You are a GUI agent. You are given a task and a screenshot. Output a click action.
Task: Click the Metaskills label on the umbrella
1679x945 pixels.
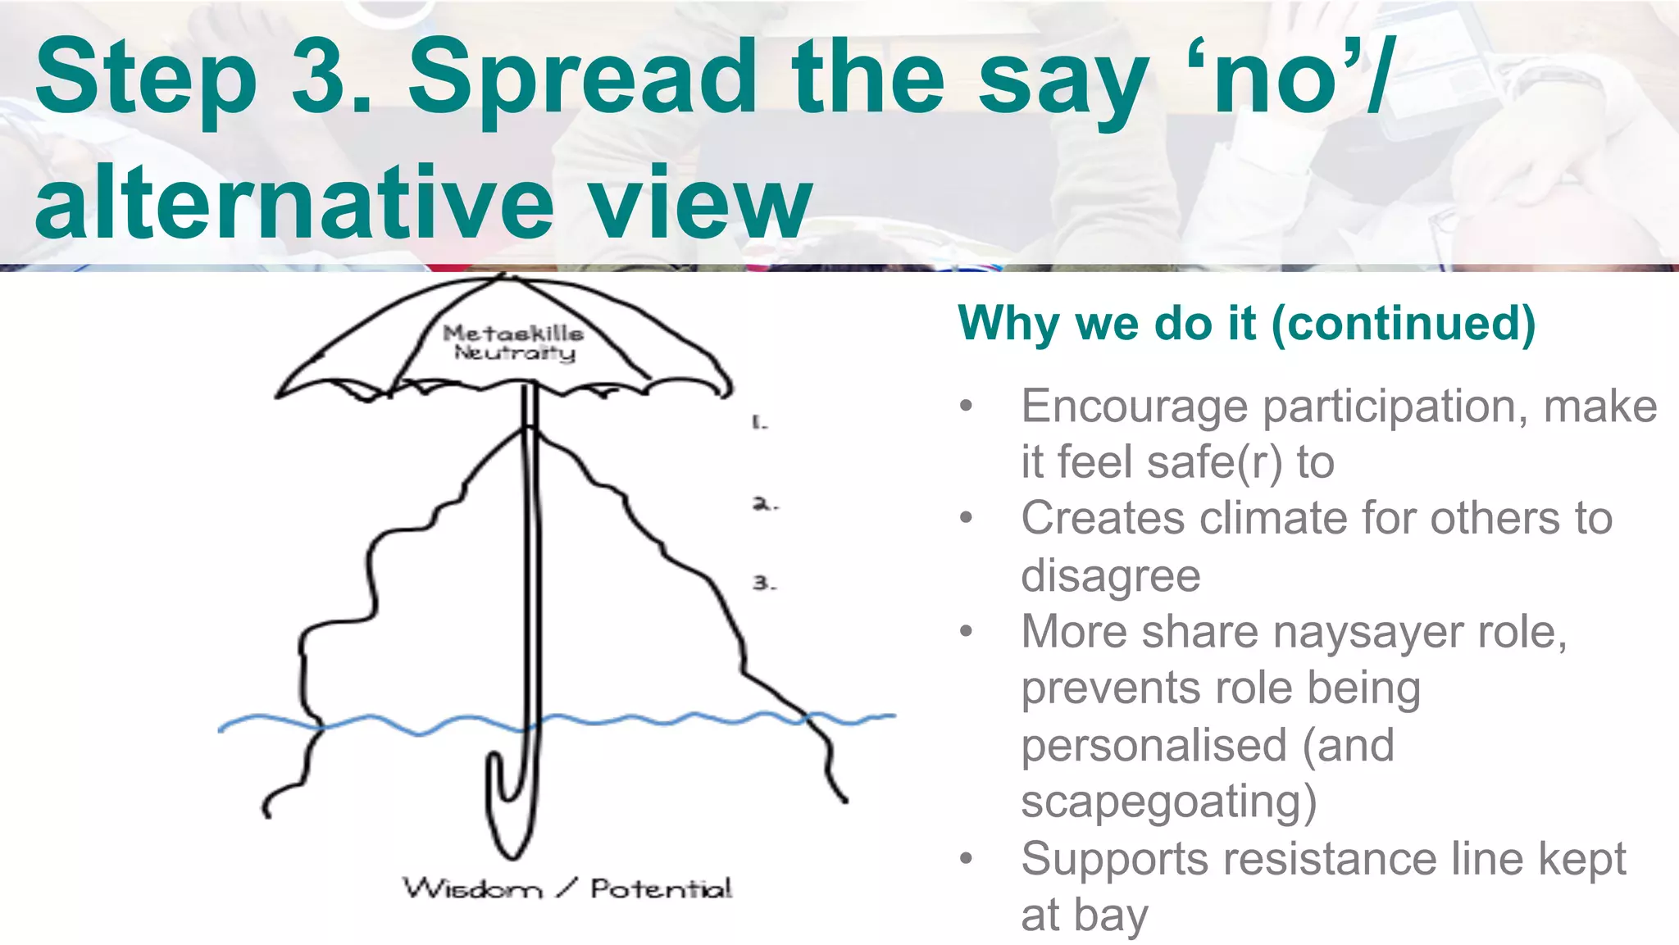pos(513,334)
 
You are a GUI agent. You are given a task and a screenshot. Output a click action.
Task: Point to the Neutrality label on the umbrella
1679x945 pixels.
pos(515,353)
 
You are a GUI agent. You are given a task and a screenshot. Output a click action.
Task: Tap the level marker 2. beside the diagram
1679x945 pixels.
pos(764,504)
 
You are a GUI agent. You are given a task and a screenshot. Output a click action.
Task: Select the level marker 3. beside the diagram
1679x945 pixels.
pos(763,584)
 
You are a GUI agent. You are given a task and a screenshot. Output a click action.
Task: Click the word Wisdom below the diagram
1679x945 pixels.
pos(472,888)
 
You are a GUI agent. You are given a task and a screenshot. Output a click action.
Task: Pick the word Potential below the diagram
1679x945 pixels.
pos(661,888)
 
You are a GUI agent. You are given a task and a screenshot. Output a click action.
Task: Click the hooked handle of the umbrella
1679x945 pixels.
pos(507,811)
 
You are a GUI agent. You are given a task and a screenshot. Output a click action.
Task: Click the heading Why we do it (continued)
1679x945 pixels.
pos(1246,323)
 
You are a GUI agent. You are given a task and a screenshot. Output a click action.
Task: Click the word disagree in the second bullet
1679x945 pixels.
pos(1110,575)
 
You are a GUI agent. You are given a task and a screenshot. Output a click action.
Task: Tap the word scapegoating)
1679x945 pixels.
pos(1168,802)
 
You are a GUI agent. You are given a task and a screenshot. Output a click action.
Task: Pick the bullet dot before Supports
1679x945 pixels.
pos(967,858)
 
